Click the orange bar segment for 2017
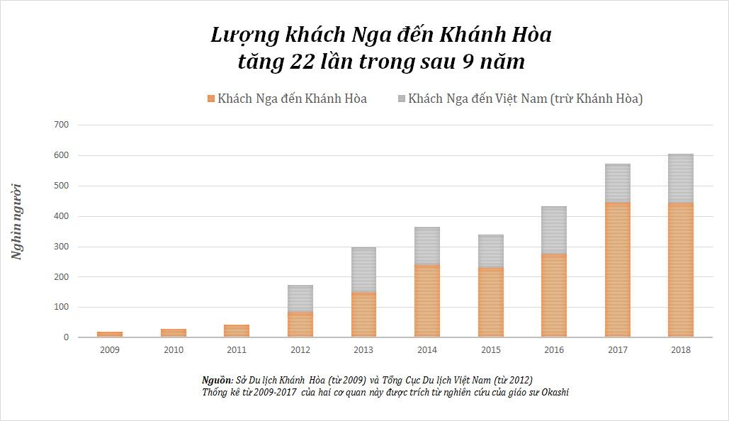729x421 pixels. coord(617,269)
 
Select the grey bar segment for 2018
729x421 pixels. coord(680,178)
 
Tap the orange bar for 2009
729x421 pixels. coord(110,334)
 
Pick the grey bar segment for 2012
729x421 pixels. coord(300,298)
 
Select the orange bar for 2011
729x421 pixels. coord(237,330)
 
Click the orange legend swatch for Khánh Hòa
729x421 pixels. coord(210,99)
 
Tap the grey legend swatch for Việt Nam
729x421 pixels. coord(400,99)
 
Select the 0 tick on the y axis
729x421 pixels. coord(66,338)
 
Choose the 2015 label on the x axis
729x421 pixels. coord(490,349)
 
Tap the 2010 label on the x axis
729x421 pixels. coord(173,349)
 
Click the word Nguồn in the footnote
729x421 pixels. coord(216,380)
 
